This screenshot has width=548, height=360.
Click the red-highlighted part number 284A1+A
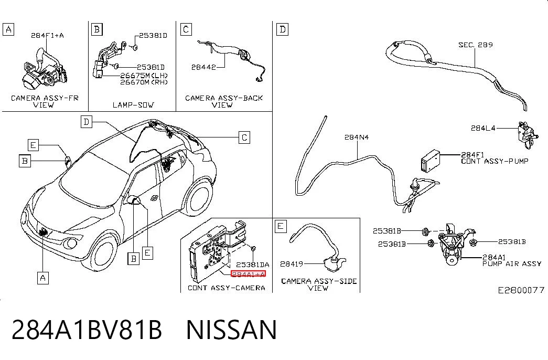coord(248,274)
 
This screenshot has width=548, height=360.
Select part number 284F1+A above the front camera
coord(47,35)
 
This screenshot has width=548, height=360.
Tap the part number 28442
coord(203,67)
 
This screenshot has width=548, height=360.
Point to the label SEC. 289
coord(476,45)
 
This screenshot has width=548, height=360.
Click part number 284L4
coord(483,128)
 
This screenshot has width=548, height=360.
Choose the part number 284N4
coord(357,137)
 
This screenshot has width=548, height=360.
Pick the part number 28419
coord(292,264)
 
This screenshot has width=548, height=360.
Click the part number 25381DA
coord(253,265)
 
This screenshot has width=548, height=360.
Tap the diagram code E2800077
coord(521,290)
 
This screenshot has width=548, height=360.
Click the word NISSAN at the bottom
coord(231,330)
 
